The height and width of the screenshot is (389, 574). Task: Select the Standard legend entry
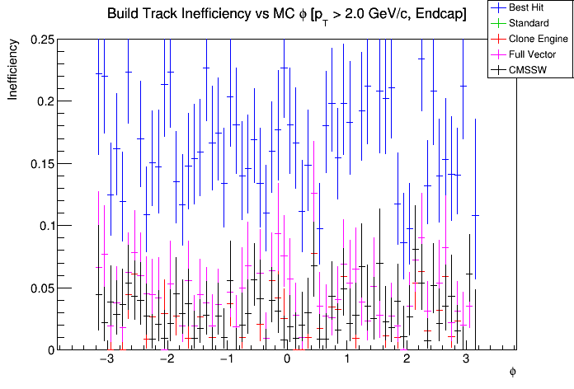coord(529,22)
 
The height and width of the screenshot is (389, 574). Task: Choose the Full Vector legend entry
coord(533,54)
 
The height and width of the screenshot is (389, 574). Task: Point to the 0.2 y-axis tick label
coord(44,101)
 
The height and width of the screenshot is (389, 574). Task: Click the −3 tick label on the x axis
coord(106,360)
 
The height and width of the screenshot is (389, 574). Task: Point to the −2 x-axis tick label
coord(166,360)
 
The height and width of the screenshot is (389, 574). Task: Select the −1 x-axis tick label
coord(225,360)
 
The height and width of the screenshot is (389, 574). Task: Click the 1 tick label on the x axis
coord(347,360)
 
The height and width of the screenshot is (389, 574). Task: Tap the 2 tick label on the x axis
coord(407,360)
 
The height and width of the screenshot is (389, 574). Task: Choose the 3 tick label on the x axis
coord(467,360)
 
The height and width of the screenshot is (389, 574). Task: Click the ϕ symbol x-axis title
coord(512,372)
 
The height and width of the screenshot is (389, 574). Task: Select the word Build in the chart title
coord(125,15)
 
